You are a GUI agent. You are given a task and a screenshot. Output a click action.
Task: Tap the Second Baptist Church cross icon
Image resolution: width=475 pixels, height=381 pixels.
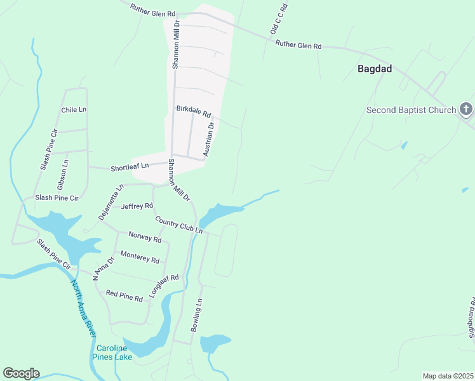466,110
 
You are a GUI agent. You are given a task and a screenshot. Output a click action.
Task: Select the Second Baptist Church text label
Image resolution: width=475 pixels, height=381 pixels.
411,110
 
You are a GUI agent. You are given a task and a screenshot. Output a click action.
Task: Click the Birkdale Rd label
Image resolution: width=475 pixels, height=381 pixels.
193,112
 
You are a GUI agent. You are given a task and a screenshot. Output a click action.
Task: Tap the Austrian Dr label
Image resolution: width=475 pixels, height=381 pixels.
209,139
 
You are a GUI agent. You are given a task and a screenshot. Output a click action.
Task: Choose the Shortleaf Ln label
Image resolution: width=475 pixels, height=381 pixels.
130,168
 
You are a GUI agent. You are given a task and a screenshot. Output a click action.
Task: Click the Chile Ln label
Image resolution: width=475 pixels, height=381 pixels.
73,110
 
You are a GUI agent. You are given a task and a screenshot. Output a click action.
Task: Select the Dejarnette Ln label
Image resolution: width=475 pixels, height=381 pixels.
111,203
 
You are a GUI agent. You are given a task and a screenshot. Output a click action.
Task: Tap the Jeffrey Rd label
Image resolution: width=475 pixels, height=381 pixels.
137,206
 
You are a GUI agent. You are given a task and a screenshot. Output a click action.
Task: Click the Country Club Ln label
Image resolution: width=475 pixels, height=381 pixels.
178,225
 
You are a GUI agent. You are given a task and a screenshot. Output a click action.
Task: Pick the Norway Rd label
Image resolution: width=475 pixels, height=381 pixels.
145,237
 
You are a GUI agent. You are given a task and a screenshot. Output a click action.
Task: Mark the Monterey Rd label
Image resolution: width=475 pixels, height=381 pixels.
139,258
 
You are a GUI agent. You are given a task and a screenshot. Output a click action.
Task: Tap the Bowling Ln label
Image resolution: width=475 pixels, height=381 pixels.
196,315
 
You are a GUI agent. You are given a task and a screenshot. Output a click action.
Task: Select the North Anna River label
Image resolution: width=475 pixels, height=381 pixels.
83,309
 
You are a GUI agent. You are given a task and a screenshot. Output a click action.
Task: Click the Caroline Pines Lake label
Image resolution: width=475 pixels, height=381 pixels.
114,352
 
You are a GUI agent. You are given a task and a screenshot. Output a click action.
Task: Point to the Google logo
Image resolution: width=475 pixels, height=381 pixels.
21,373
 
